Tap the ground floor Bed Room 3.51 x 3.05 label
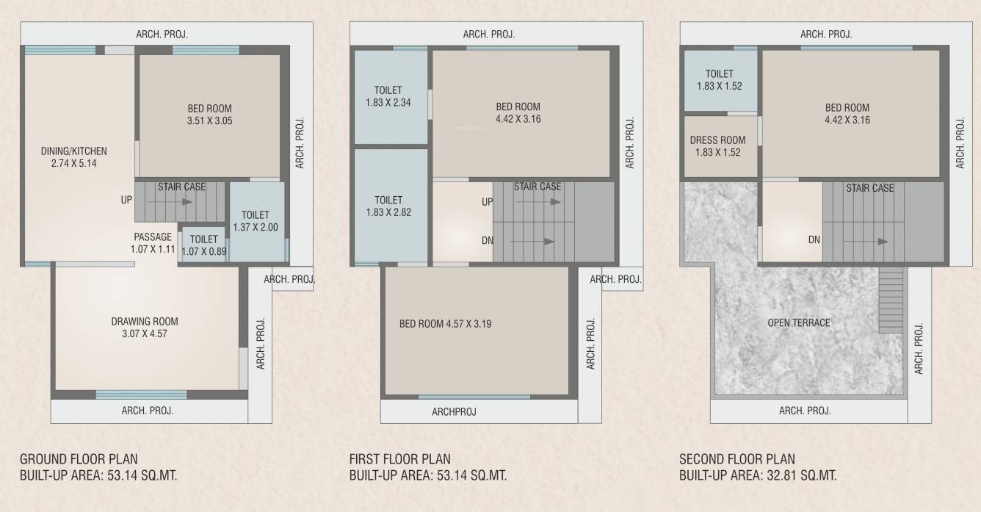pos(209,115)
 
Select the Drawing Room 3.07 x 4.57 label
pos(145,328)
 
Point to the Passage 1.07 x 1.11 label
pos(153,243)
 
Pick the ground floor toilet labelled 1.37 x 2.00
pos(256,221)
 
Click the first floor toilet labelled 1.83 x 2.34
pos(388,96)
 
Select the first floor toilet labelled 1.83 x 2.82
pos(388,206)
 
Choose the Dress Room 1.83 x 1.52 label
pos(717,146)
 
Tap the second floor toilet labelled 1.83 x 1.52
pos(719,79)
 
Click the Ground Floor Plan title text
pos(79,460)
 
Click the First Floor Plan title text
pos(399,460)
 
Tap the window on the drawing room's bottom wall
pos(141,394)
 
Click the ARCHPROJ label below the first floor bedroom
pos(454,412)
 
